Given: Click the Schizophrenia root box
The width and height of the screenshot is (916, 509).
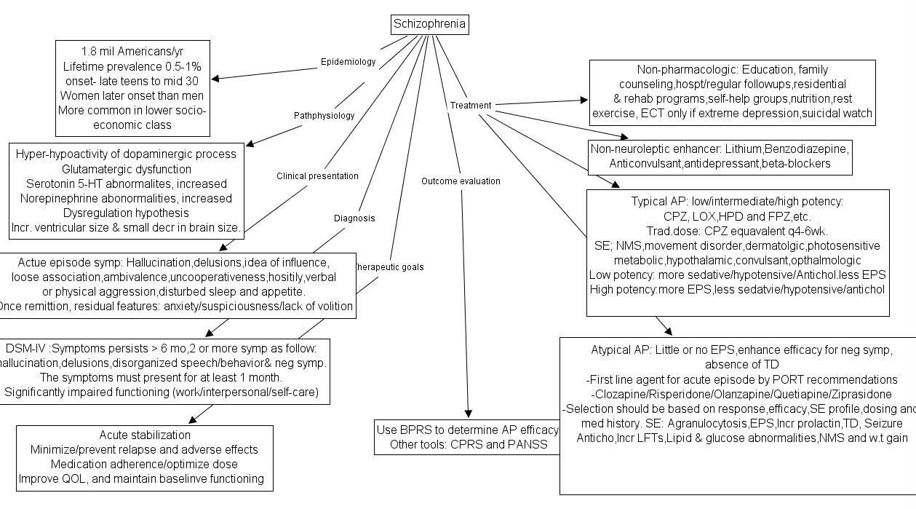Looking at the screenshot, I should (x=429, y=25).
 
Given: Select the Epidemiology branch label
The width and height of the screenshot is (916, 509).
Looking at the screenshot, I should (x=348, y=62).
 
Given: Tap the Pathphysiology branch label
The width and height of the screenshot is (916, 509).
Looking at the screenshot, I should (x=324, y=115).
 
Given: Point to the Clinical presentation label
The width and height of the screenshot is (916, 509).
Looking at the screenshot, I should (x=317, y=175).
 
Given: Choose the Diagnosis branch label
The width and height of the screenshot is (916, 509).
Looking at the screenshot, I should (x=354, y=218).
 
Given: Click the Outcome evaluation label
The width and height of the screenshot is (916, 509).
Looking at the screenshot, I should (x=461, y=181).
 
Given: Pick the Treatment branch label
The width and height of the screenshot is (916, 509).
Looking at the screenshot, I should (x=471, y=105).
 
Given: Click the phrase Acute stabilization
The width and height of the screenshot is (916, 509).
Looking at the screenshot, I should (x=145, y=435).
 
